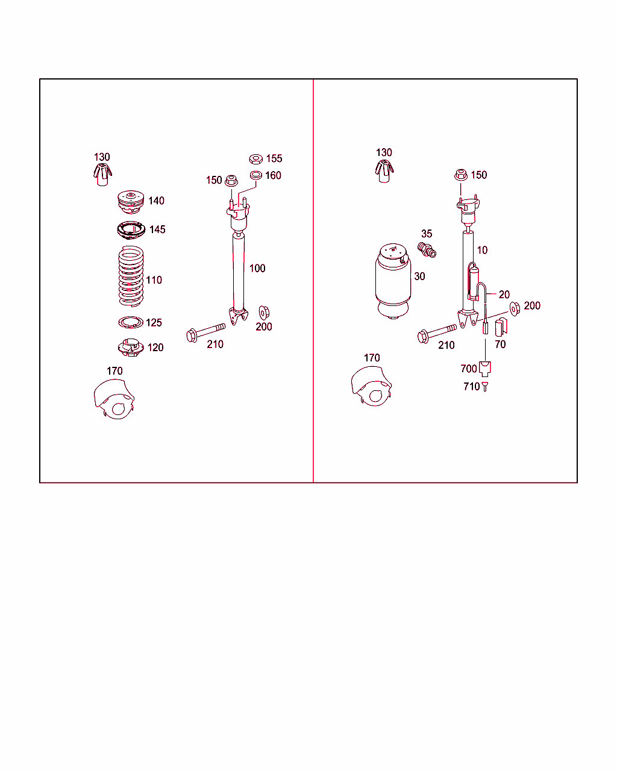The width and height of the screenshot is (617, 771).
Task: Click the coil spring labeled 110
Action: (x=131, y=276)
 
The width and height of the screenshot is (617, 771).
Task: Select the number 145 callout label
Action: (x=157, y=229)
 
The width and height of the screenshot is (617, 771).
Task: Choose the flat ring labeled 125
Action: (x=131, y=323)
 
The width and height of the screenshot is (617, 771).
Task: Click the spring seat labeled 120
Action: (x=131, y=348)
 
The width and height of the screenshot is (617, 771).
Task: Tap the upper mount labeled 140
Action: (x=131, y=201)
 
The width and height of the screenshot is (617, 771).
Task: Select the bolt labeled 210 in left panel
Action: (x=205, y=331)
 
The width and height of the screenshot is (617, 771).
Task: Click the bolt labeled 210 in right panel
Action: (x=436, y=332)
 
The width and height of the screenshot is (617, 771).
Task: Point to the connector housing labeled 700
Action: (x=486, y=367)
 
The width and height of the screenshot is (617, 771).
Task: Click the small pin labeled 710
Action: (x=486, y=387)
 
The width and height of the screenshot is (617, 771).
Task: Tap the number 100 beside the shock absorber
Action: (x=257, y=269)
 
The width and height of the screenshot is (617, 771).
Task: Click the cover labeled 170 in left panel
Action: (x=114, y=400)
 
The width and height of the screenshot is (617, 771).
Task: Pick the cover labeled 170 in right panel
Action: (x=371, y=387)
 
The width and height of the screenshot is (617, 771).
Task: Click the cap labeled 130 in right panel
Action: (x=384, y=171)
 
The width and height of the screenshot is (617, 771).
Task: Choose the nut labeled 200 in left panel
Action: (x=263, y=313)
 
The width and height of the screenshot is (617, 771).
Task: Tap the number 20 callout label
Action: (x=504, y=295)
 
